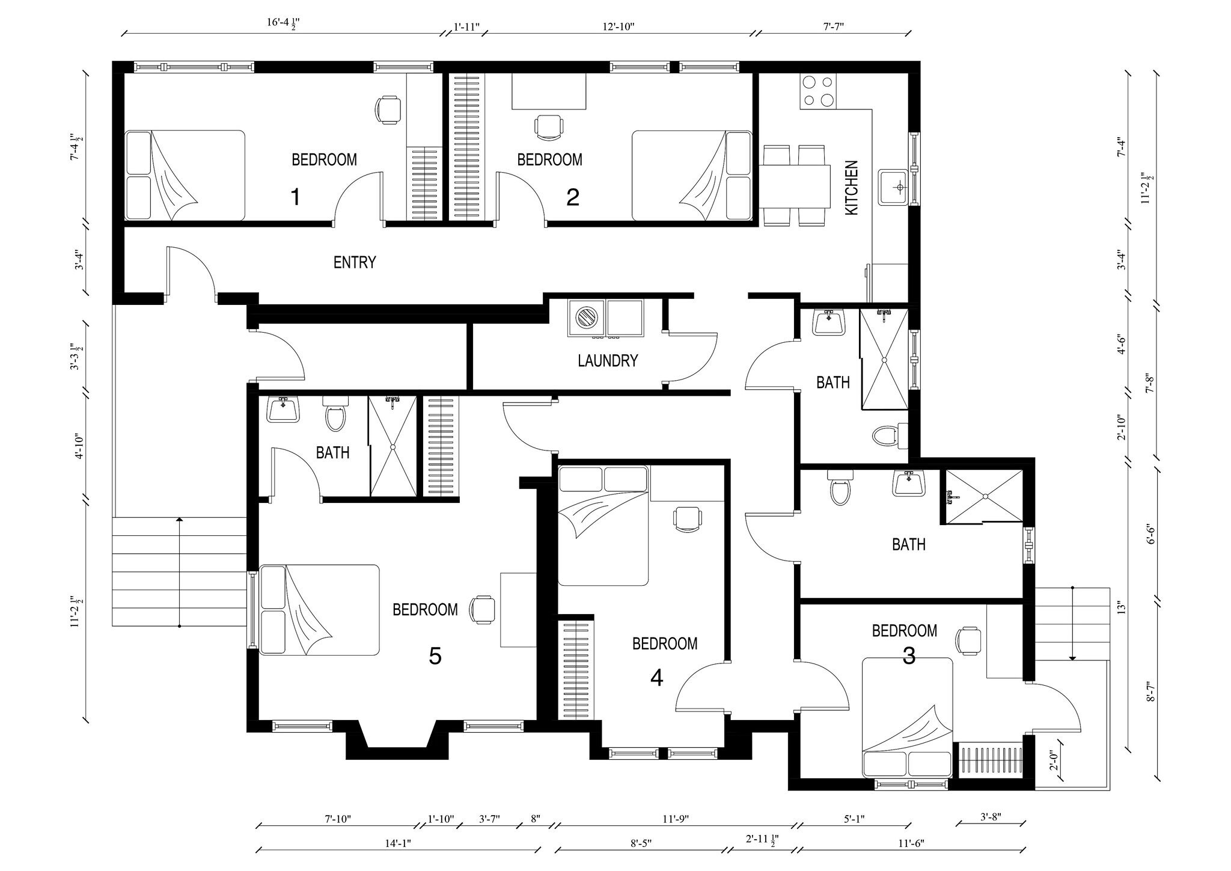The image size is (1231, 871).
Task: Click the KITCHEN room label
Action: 852,187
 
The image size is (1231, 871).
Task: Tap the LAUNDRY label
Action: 608,361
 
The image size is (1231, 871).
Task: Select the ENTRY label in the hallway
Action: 355,262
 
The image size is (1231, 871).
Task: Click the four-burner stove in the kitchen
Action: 818,91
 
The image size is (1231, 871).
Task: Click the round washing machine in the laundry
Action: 585,317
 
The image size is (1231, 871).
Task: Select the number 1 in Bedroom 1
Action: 295,197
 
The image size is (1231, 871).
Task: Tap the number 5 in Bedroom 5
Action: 435,656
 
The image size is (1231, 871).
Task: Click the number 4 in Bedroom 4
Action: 656,678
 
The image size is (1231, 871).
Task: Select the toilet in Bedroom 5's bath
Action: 335,414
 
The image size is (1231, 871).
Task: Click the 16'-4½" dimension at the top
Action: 283,24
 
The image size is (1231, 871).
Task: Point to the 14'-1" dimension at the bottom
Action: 398,843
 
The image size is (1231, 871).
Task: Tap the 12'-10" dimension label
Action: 619,26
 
